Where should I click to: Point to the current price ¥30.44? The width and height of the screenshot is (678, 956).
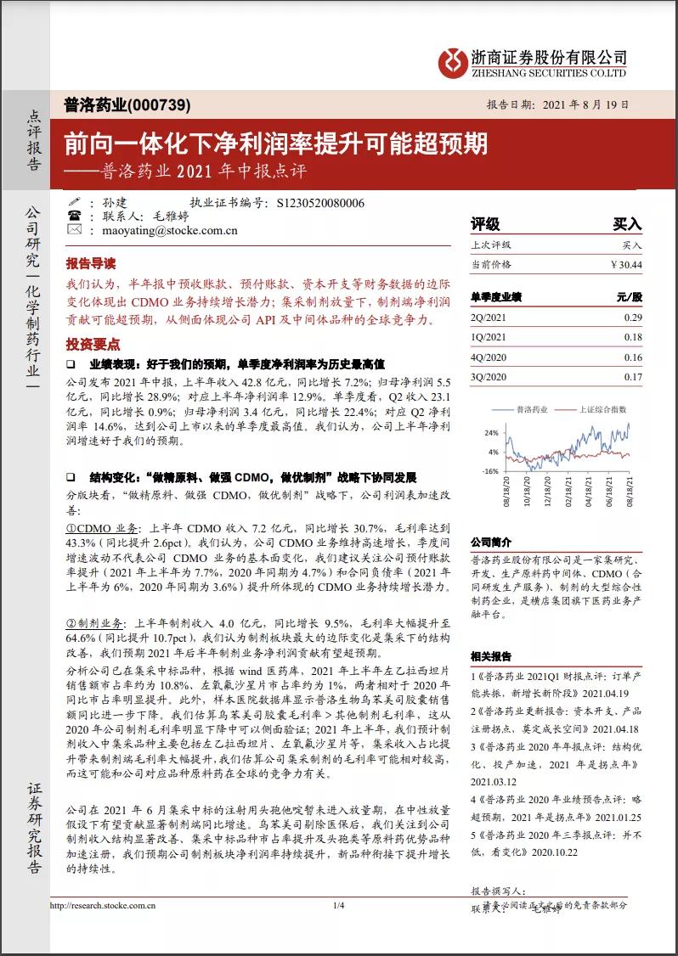[x=626, y=265]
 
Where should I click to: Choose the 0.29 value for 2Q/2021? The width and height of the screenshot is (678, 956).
[x=633, y=317]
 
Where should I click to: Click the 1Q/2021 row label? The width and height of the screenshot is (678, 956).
[x=489, y=337]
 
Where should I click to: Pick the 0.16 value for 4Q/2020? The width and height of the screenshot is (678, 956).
[x=633, y=357]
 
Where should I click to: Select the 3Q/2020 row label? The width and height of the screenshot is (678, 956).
[x=489, y=377]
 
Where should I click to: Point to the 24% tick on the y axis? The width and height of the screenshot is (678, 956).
[x=491, y=432]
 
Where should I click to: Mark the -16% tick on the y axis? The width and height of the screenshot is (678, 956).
[x=490, y=470]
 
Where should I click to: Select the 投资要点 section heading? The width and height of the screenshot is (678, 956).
[x=93, y=344]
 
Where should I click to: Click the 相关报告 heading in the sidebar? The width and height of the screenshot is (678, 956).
[x=492, y=656]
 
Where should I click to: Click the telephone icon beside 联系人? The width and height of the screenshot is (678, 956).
[x=74, y=216]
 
